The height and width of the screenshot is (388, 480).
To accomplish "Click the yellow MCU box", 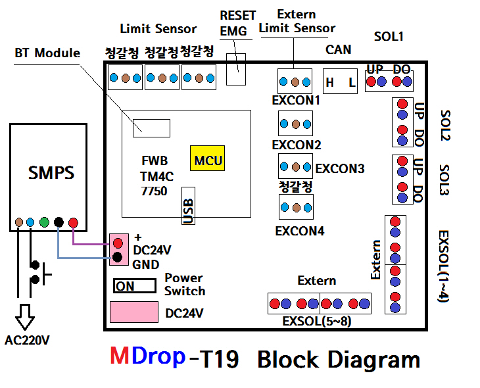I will tap(207, 159).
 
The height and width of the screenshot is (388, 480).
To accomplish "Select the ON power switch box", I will tap(134, 285).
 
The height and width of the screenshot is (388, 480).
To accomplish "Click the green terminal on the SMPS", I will tap(44, 222).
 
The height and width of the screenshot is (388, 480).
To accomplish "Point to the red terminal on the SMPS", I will tap(73, 222).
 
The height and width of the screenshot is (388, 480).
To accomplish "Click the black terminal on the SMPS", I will tap(59, 222).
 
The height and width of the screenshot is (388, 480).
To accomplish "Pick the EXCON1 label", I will tap(295, 101).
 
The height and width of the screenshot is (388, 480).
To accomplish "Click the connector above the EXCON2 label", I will tap(295, 123).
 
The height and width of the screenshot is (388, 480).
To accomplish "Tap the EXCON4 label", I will tap(299, 231).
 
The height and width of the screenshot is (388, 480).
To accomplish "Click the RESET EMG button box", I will tap(237, 69).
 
